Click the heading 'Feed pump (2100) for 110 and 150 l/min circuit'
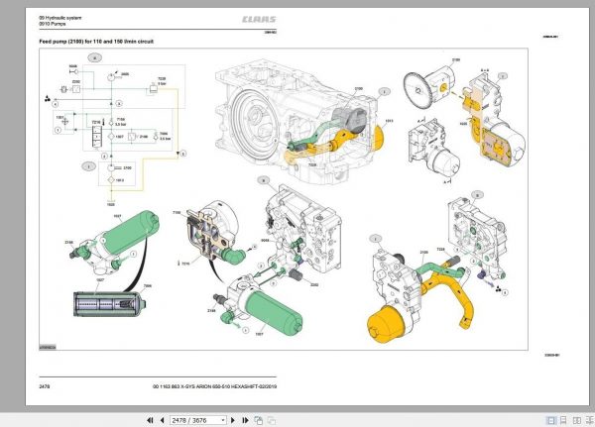[95, 43]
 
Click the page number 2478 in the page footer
[44, 384]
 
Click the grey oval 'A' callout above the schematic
[94, 59]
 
